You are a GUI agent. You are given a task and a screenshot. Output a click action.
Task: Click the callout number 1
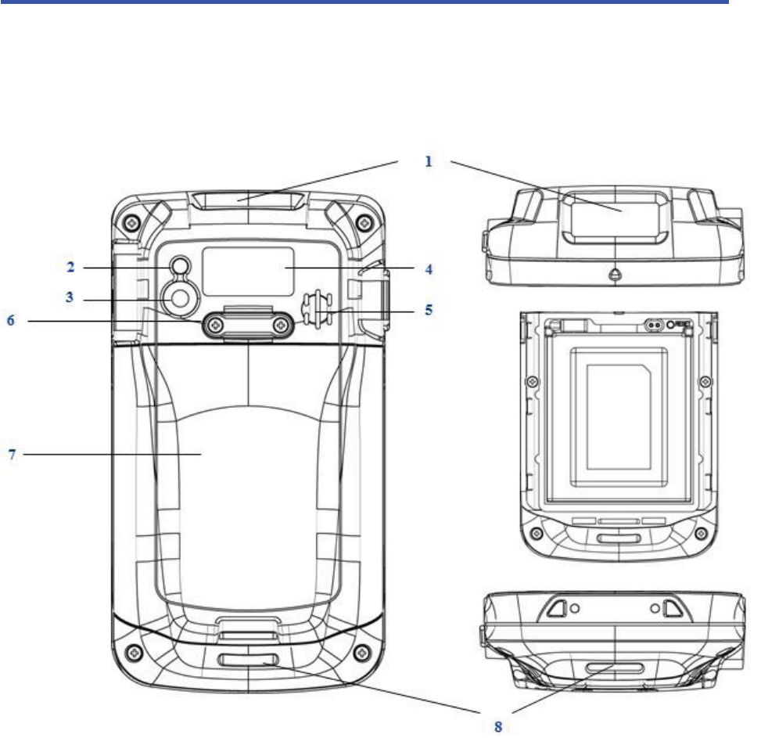pyautogui.click(x=428, y=161)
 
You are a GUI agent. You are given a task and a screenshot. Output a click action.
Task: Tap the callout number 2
pyautogui.click(x=70, y=267)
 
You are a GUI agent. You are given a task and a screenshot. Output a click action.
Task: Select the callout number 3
pyautogui.click(x=70, y=297)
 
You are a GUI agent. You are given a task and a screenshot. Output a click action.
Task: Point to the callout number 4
pyautogui.click(x=429, y=269)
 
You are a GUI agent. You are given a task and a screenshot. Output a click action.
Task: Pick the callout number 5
pyautogui.click(x=429, y=310)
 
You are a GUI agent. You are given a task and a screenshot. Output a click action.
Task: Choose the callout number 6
pyautogui.click(x=11, y=320)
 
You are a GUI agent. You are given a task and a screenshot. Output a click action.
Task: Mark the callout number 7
pyautogui.click(x=13, y=455)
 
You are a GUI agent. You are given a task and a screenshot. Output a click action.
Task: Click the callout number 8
pyautogui.click(x=498, y=727)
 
